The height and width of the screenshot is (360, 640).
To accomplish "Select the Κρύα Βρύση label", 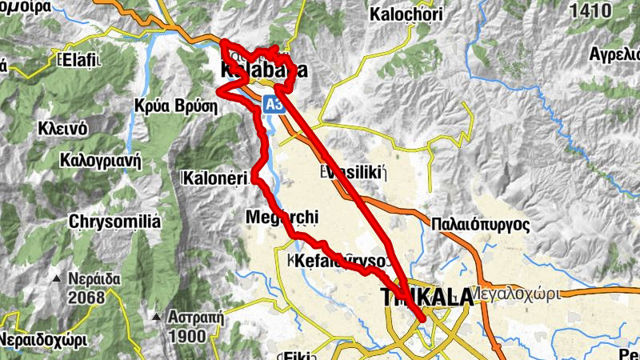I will tap(176, 106).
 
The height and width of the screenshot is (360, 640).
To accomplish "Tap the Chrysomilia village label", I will tap(115, 221).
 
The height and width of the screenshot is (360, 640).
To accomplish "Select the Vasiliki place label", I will tap(354, 171).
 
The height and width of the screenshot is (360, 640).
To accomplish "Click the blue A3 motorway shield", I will tap(274, 104).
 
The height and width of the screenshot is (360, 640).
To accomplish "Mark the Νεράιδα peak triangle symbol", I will tap(56, 279).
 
